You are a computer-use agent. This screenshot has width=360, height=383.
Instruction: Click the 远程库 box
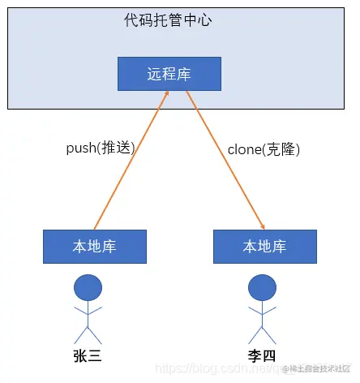coord(169,74)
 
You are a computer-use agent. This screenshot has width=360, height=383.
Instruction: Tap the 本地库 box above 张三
coord(94,247)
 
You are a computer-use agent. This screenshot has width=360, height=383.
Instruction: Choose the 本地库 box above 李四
coord(264,247)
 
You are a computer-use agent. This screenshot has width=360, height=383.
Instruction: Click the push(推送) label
coord(100,148)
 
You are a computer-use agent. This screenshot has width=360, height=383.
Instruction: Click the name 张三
coord(88,357)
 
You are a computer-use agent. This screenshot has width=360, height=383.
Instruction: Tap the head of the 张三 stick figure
coord(88,287)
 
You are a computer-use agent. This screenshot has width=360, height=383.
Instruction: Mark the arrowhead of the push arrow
coord(167,94)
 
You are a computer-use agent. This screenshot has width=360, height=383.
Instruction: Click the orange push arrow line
coord(130,162)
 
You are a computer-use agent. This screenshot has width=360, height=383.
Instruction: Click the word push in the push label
coord(80,148)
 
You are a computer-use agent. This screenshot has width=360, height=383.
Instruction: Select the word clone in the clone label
coord(244,148)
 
